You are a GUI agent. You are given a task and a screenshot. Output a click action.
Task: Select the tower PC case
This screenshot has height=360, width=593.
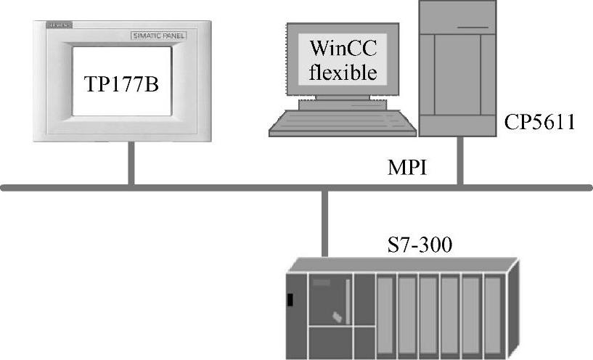pos(458,69)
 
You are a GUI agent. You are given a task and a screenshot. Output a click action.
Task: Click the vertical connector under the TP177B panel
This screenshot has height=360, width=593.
pos(131,164)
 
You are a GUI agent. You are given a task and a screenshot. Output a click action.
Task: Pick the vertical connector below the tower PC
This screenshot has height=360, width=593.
pos(459,161)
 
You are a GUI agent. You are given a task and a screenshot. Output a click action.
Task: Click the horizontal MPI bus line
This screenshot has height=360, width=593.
pos(218,188)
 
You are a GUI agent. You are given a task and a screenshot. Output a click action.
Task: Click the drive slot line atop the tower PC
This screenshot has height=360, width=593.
pos(473,28)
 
